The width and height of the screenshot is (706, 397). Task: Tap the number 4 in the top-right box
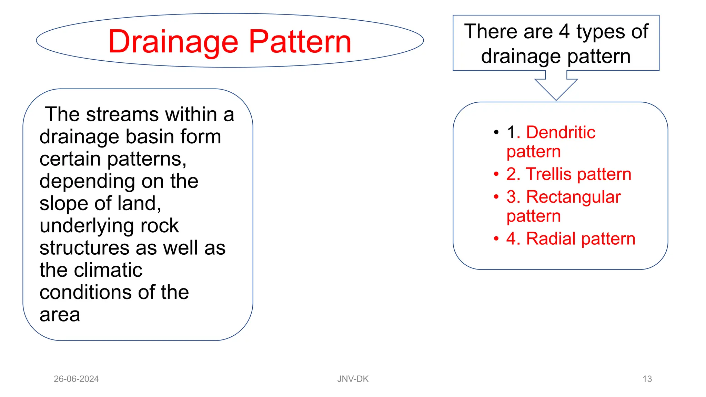(x=564, y=32)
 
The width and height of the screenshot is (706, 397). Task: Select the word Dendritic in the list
(x=561, y=132)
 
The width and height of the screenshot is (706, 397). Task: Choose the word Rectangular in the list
(x=573, y=197)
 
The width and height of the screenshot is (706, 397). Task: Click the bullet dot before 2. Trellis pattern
(x=496, y=174)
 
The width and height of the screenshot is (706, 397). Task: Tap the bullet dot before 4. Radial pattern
(x=496, y=238)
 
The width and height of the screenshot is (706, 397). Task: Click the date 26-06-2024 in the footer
(x=76, y=379)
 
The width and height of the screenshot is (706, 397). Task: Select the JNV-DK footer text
(x=353, y=379)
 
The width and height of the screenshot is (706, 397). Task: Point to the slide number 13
(x=647, y=379)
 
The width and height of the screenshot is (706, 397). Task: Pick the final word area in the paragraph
(x=60, y=315)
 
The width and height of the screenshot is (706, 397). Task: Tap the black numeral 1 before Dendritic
(x=511, y=132)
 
